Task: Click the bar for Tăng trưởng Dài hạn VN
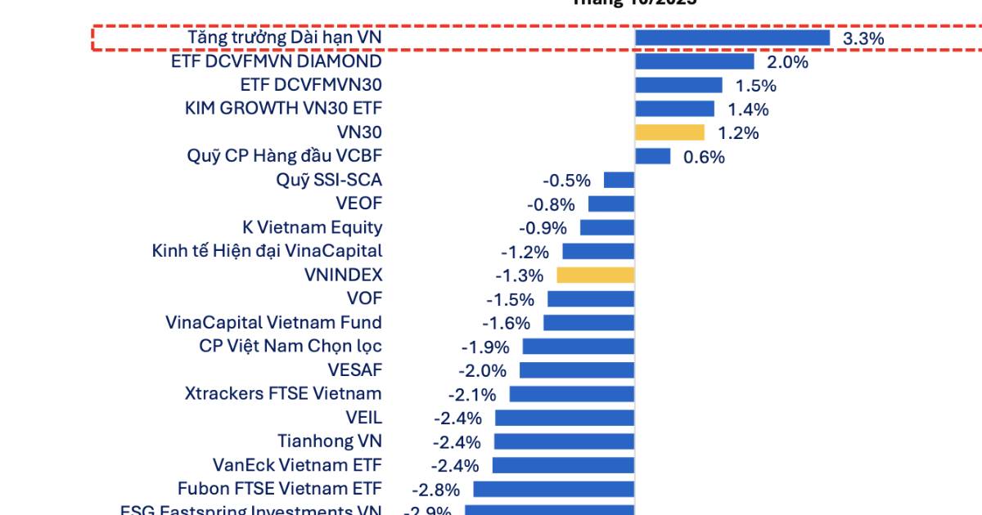pyautogui.click(x=732, y=38)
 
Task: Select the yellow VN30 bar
pyautogui.click(x=669, y=132)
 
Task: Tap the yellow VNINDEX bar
pyautogui.click(x=595, y=275)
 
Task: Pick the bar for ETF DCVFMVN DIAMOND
pyautogui.click(x=695, y=61)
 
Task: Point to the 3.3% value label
pyautogui.click(x=863, y=38)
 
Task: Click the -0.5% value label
pyautogui.click(x=566, y=181)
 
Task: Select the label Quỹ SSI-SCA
pyautogui.click(x=329, y=180)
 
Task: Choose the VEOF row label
pyautogui.click(x=358, y=204)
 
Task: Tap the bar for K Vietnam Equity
pyautogui.click(x=607, y=228)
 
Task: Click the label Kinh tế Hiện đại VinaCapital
pyautogui.click(x=267, y=252)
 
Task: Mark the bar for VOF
pyautogui.click(x=591, y=299)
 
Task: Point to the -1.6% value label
pyautogui.click(x=506, y=323)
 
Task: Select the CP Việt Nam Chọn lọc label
pyautogui.click(x=291, y=347)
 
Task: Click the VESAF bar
pyautogui.click(x=577, y=370)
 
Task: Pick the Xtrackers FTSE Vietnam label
pyautogui.click(x=283, y=394)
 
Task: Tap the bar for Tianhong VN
pyautogui.click(x=565, y=441)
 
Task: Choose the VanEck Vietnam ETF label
pyautogui.click(x=297, y=465)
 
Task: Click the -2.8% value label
pyautogui.click(x=435, y=490)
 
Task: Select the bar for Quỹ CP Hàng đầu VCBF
pyautogui.click(x=653, y=156)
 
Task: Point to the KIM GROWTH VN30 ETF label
pyautogui.click(x=283, y=109)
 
